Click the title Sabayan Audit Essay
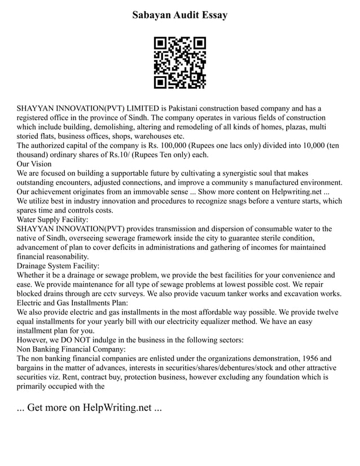[180, 15]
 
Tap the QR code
[180, 63]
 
